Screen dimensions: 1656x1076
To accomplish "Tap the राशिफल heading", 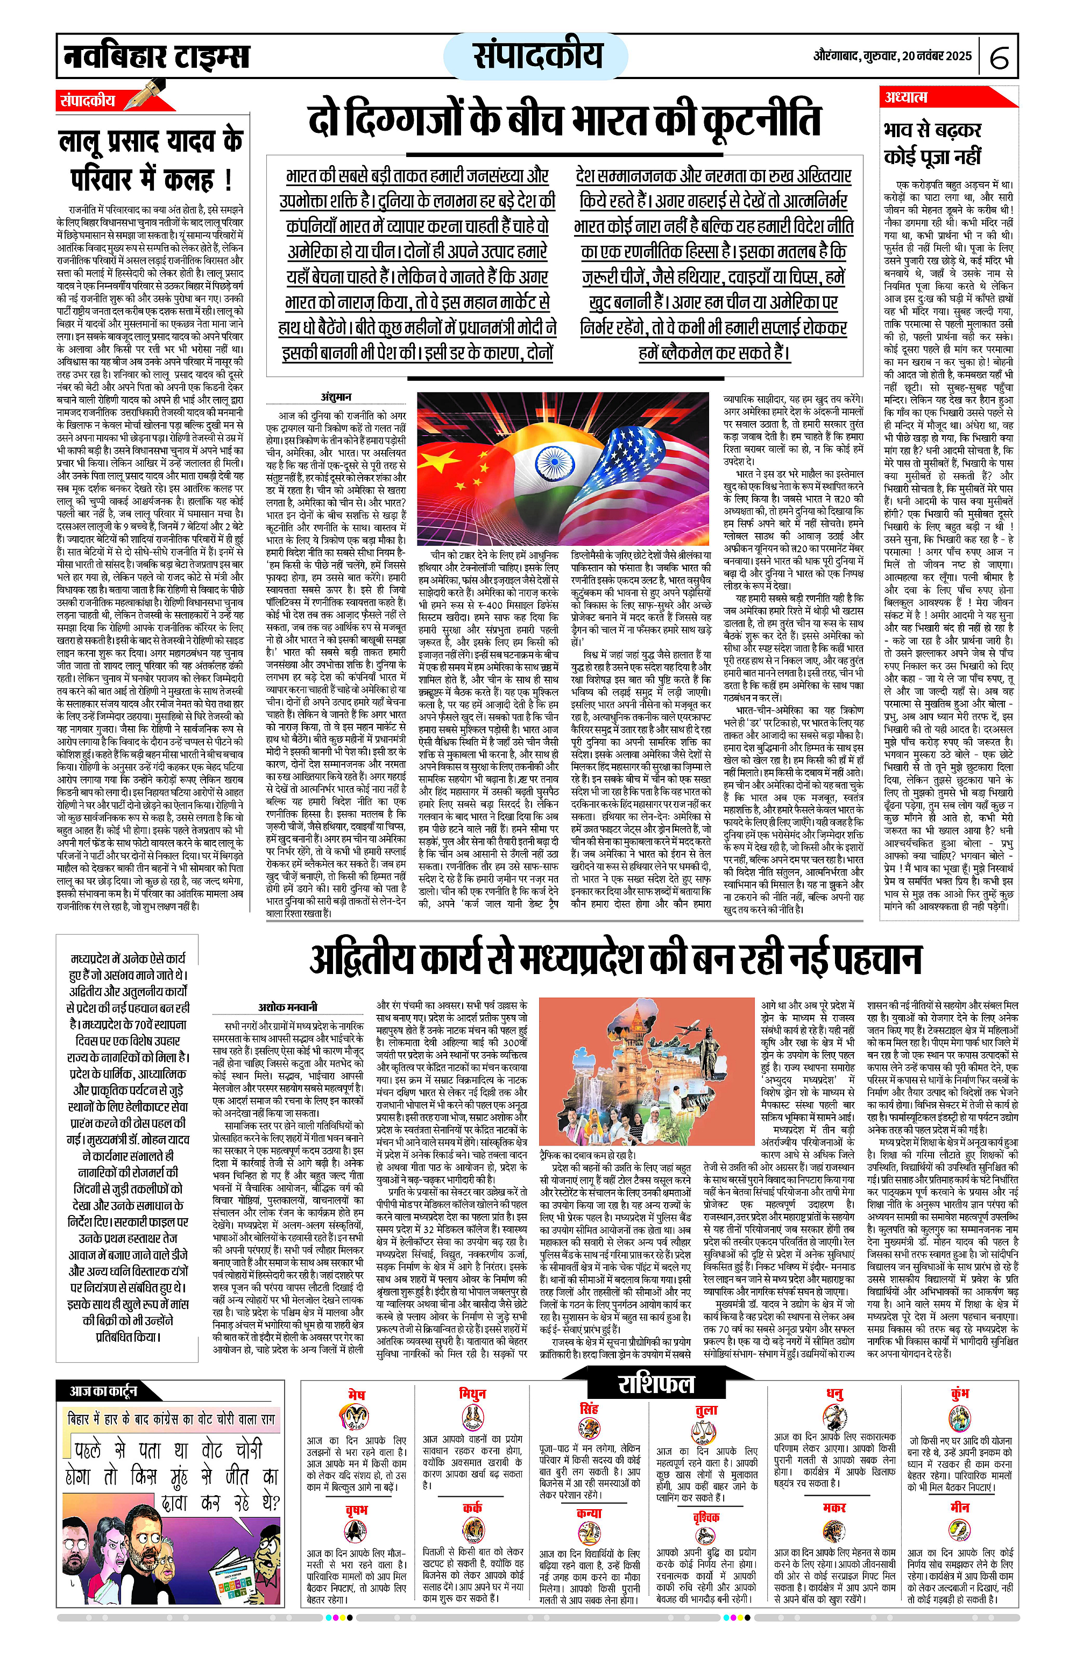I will pyautogui.click(x=656, y=1384).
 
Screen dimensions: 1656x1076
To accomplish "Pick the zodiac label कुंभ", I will pyautogui.click(x=960, y=1393).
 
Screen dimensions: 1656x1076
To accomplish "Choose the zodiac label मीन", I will pyautogui.click(x=960, y=1507).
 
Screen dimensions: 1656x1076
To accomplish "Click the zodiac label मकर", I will pyautogui.click(x=834, y=1507).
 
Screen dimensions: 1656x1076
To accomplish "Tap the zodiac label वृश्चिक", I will pyautogui.click(x=706, y=1517).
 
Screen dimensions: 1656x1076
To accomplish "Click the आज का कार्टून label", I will pyautogui.click(x=103, y=1391).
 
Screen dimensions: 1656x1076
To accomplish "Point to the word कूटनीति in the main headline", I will pyautogui.click(x=762, y=121).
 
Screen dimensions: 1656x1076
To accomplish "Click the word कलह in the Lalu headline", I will pyautogui.click(x=188, y=180).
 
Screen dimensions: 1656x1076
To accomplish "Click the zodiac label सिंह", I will pyautogui.click(x=589, y=1408).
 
